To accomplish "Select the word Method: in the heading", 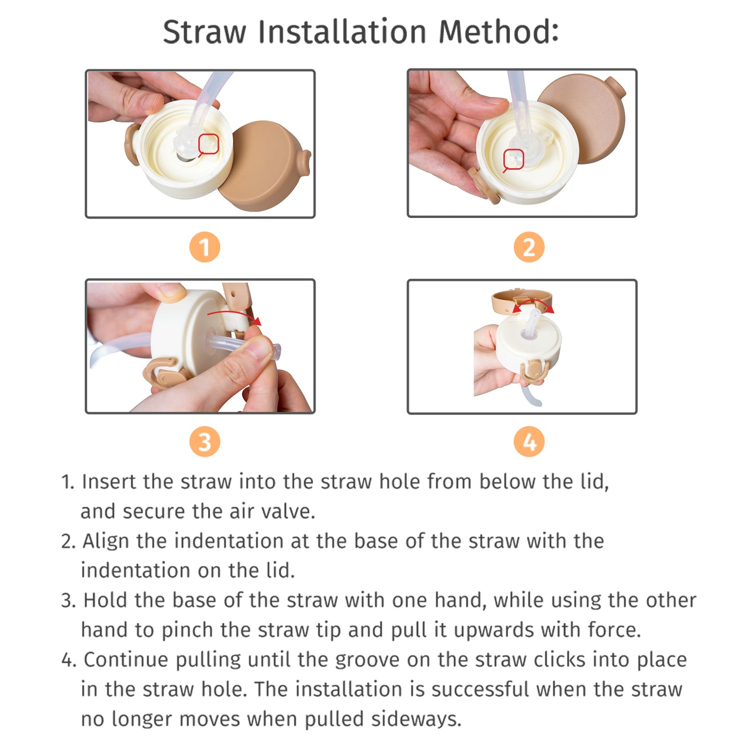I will pos(499,32).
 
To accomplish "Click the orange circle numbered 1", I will pos(204,247).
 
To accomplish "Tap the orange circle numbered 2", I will pos(529,247).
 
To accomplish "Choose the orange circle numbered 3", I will pos(204,442).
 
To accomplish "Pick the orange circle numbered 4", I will pos(529,442).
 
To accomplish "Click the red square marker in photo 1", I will pos(209,144).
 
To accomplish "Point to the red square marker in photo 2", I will pos(514,159).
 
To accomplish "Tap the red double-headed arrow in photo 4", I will pos(534,305).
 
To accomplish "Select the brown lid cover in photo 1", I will pos(262,166).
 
